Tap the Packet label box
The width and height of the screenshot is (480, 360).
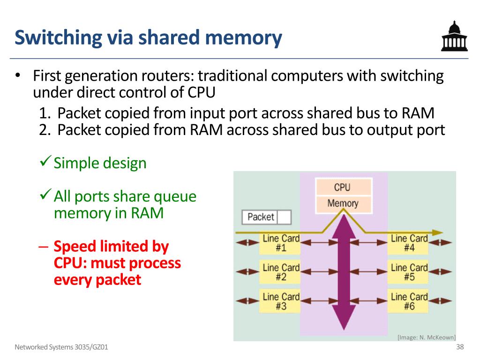point(266,217)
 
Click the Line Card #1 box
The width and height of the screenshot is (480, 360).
point(280,243)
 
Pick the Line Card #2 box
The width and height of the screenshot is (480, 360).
point(280,272)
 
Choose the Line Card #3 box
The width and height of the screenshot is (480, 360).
point(280,301)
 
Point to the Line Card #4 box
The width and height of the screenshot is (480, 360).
point(408,243)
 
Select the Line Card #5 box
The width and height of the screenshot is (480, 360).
point(408,272)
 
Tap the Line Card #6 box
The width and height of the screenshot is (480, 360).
point(408,301)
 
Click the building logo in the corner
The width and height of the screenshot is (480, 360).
point(454,36)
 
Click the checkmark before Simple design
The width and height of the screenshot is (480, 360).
point(45,161)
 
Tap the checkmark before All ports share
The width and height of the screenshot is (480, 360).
point(45,194)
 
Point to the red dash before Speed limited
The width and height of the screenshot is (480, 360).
point(44,247)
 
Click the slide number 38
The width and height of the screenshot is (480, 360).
point(460,346)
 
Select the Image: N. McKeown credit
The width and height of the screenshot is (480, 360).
point(427,337)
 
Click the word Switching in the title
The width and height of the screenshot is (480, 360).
point(58,37)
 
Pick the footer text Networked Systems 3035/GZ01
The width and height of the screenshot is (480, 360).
point(61,347)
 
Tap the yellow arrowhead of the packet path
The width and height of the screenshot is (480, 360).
point(438,232)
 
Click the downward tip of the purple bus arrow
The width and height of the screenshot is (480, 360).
point(344,330)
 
